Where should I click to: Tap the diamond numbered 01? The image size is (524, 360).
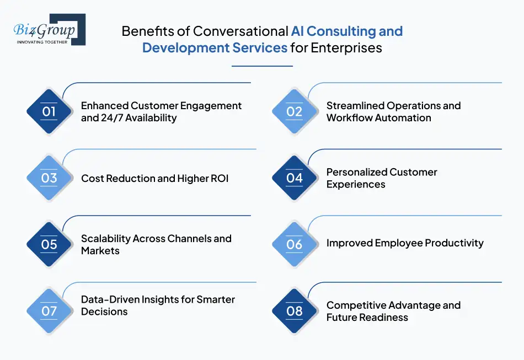click(x=49, y=111)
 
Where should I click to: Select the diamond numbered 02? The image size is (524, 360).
click(x=295, y=111)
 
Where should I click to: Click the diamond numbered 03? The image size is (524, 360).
click(x=49, y=178)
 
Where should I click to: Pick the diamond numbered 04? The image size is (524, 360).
click(x=295, y=178)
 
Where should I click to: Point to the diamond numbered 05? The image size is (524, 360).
click(x=49, y=244)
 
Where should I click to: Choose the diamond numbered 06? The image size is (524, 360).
click(x=295, y=244)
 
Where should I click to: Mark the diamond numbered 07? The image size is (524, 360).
click(x=49, y=311)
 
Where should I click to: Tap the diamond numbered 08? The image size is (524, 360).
click(x=295, y=311)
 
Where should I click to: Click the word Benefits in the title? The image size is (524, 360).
click(x=144, y=31)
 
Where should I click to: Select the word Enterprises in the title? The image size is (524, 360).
click(x=346, y=48)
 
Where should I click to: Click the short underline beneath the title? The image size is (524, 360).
click(x=262, y=66)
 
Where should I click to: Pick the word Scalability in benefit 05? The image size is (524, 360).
click(x=107, y=238)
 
